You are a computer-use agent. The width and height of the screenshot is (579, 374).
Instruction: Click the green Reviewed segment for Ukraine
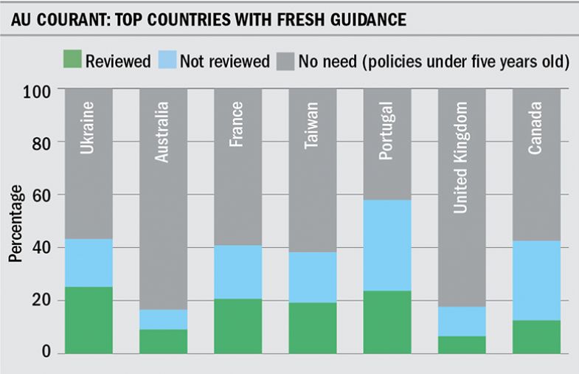click(89, 319)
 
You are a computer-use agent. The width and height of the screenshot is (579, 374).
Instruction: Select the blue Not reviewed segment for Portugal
click(387, 245)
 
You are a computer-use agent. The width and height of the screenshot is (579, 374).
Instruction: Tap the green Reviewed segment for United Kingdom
click(462, 344)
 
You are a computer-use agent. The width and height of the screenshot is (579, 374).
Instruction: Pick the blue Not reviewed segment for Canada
click(536, 280)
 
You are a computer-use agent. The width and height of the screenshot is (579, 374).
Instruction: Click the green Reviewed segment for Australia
click(163, 340)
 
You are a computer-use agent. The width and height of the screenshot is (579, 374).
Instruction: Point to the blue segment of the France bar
click(238, 271)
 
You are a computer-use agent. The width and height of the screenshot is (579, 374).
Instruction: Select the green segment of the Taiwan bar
click(313, 327)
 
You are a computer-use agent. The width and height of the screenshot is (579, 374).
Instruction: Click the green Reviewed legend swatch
click(71, 60)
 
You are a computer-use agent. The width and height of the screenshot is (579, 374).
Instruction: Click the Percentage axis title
click(15, 221)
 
